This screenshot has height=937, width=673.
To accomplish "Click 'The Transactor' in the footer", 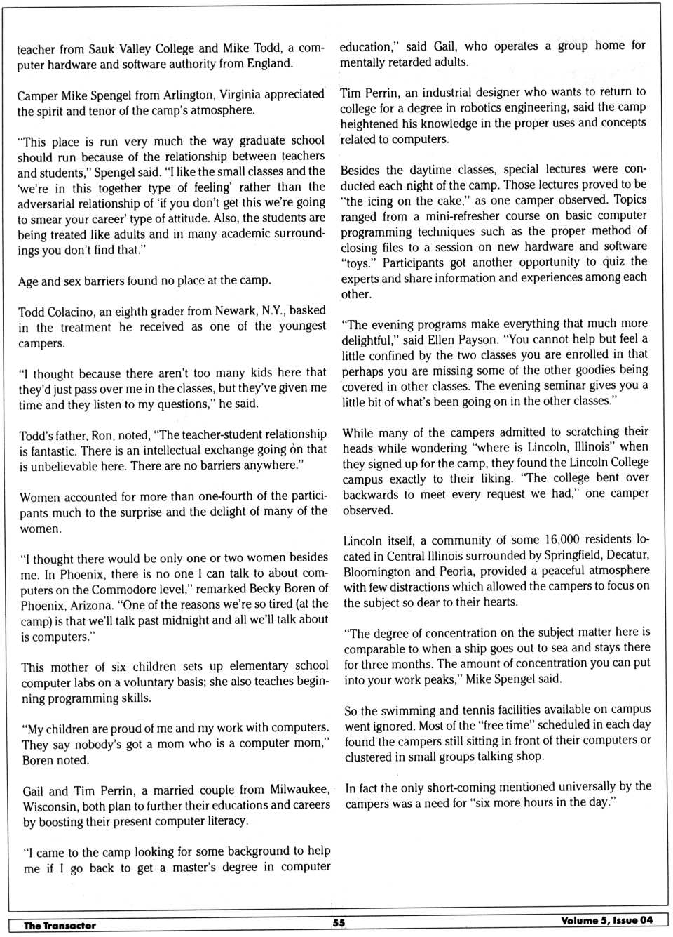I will (60, 925).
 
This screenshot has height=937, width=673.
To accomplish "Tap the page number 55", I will (339, 923).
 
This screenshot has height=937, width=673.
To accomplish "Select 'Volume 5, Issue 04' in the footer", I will (606, 920).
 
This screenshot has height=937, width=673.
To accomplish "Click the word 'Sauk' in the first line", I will (104, 48).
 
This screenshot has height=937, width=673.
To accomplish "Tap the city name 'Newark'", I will (236, 310).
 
